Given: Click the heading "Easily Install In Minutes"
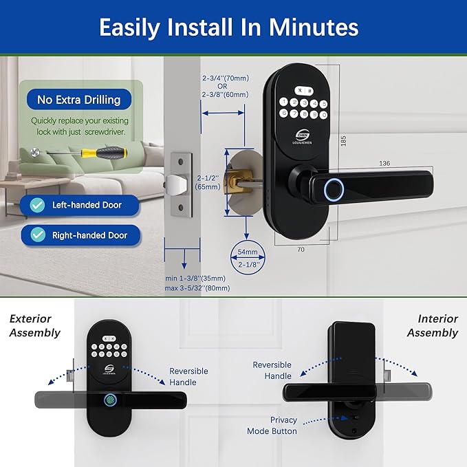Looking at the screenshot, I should [x=228, y=28].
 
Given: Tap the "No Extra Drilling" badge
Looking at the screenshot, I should [x=78, y=100].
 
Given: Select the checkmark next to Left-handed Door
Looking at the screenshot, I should [x=39, y=205].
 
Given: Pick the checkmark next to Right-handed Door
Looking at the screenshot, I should [x=39, y=235].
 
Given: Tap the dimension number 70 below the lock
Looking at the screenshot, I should [x=301, y=250].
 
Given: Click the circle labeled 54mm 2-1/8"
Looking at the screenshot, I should [x=247, y=259].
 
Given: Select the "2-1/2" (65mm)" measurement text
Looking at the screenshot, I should [x=207, y=181].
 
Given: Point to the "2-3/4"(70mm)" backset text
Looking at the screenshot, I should [x=224, y=79].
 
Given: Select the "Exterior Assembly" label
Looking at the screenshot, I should [x=34, y=326].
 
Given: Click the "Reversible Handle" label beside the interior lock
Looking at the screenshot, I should [x=272, y=370].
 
